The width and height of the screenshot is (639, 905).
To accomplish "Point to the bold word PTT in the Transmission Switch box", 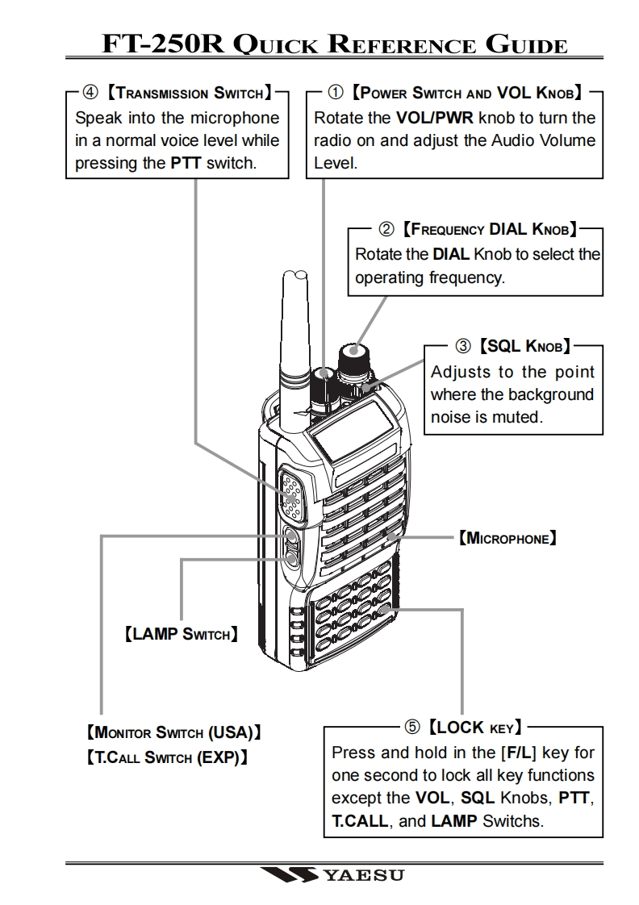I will coord(186,162).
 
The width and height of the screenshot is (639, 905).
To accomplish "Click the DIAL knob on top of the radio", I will coord(352,357).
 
